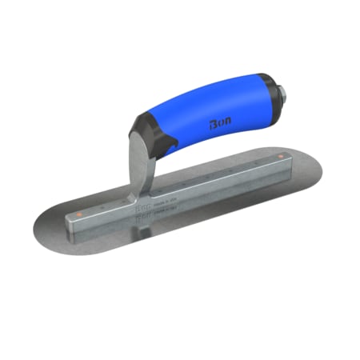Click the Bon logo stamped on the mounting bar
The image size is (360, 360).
(154, 196)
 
